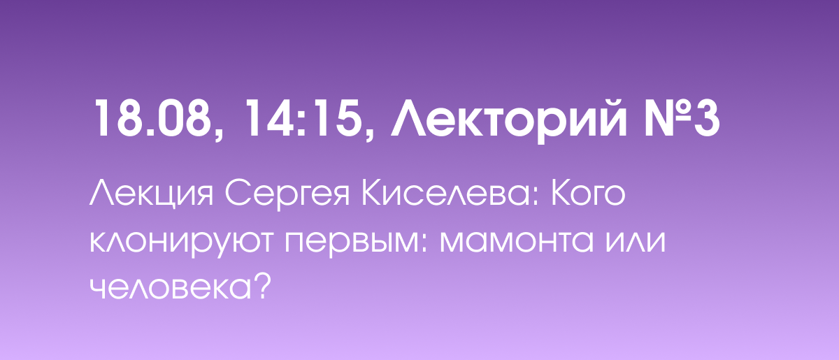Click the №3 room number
(682, 118)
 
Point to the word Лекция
(151, 194)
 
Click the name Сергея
(287, 195)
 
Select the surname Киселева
(446, 194)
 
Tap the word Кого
(588, 195)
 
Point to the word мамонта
(517, 240)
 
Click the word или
(636, 240)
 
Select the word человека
(171, 288)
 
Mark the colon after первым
(424, 244)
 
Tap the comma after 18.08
(219, 133)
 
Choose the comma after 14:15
(369, 133)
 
